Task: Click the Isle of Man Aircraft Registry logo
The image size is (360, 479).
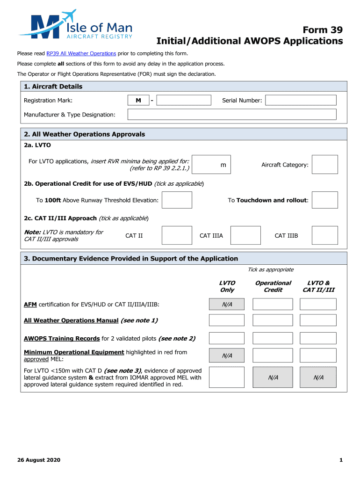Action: click(75, 24)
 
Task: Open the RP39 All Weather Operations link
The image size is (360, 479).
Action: click(81, 54)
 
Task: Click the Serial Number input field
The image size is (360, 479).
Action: click(301, 100)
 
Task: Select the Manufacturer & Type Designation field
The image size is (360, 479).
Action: click(232, 115)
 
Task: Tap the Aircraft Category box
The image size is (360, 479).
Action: click(324, 165)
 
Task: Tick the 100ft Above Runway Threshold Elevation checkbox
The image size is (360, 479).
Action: click(177, 200)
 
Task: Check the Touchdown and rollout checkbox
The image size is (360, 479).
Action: click(324, 200)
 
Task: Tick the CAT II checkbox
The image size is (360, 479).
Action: click(177, 235)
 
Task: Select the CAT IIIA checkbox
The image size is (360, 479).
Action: click(245, 235)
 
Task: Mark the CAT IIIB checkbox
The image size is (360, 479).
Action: click(324, 235)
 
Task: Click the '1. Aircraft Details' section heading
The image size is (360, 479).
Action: click(53, 87)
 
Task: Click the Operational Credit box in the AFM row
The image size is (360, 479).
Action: click(273, 305)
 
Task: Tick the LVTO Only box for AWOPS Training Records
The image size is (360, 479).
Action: click(226, 338)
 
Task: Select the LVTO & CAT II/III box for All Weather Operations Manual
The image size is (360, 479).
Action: click(318, 320)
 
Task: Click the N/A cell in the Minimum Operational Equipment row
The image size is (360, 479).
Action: click(226, 356)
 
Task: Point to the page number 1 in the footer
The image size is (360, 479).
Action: click(341, 460)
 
